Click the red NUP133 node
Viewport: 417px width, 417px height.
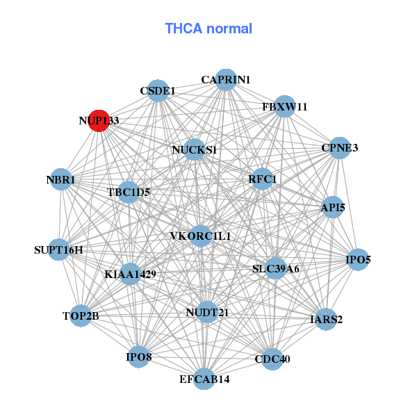tap(99, 120)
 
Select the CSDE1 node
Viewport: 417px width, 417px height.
tap(158, 90)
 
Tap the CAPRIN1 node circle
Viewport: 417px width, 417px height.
tap(225, 80)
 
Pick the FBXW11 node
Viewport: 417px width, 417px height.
tap(284, 106)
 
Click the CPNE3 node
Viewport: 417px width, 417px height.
tap(339, 148)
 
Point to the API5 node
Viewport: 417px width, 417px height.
tap(333, 207)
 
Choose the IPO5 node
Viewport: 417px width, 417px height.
tap(358, 260)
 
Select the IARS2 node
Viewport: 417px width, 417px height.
tap(325, 320)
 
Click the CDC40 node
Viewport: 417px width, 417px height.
tap(272, 359)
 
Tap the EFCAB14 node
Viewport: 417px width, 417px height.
tap(204, 379)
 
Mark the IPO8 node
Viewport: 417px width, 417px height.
tap(138, 357)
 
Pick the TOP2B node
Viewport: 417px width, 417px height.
tap(81, 316)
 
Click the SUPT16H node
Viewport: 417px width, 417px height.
tap(58, 250)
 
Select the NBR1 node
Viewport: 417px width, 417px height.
tap(60, 180)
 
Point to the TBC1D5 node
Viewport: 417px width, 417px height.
tap(129, 191)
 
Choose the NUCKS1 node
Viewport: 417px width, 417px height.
tap(194, 149)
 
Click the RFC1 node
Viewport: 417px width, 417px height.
tap(262, 179)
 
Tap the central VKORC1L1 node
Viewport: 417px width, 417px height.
tap(200, 236)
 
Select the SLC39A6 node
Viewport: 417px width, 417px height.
tap(275, 268)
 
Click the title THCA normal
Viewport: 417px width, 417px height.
tap(208, 28)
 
